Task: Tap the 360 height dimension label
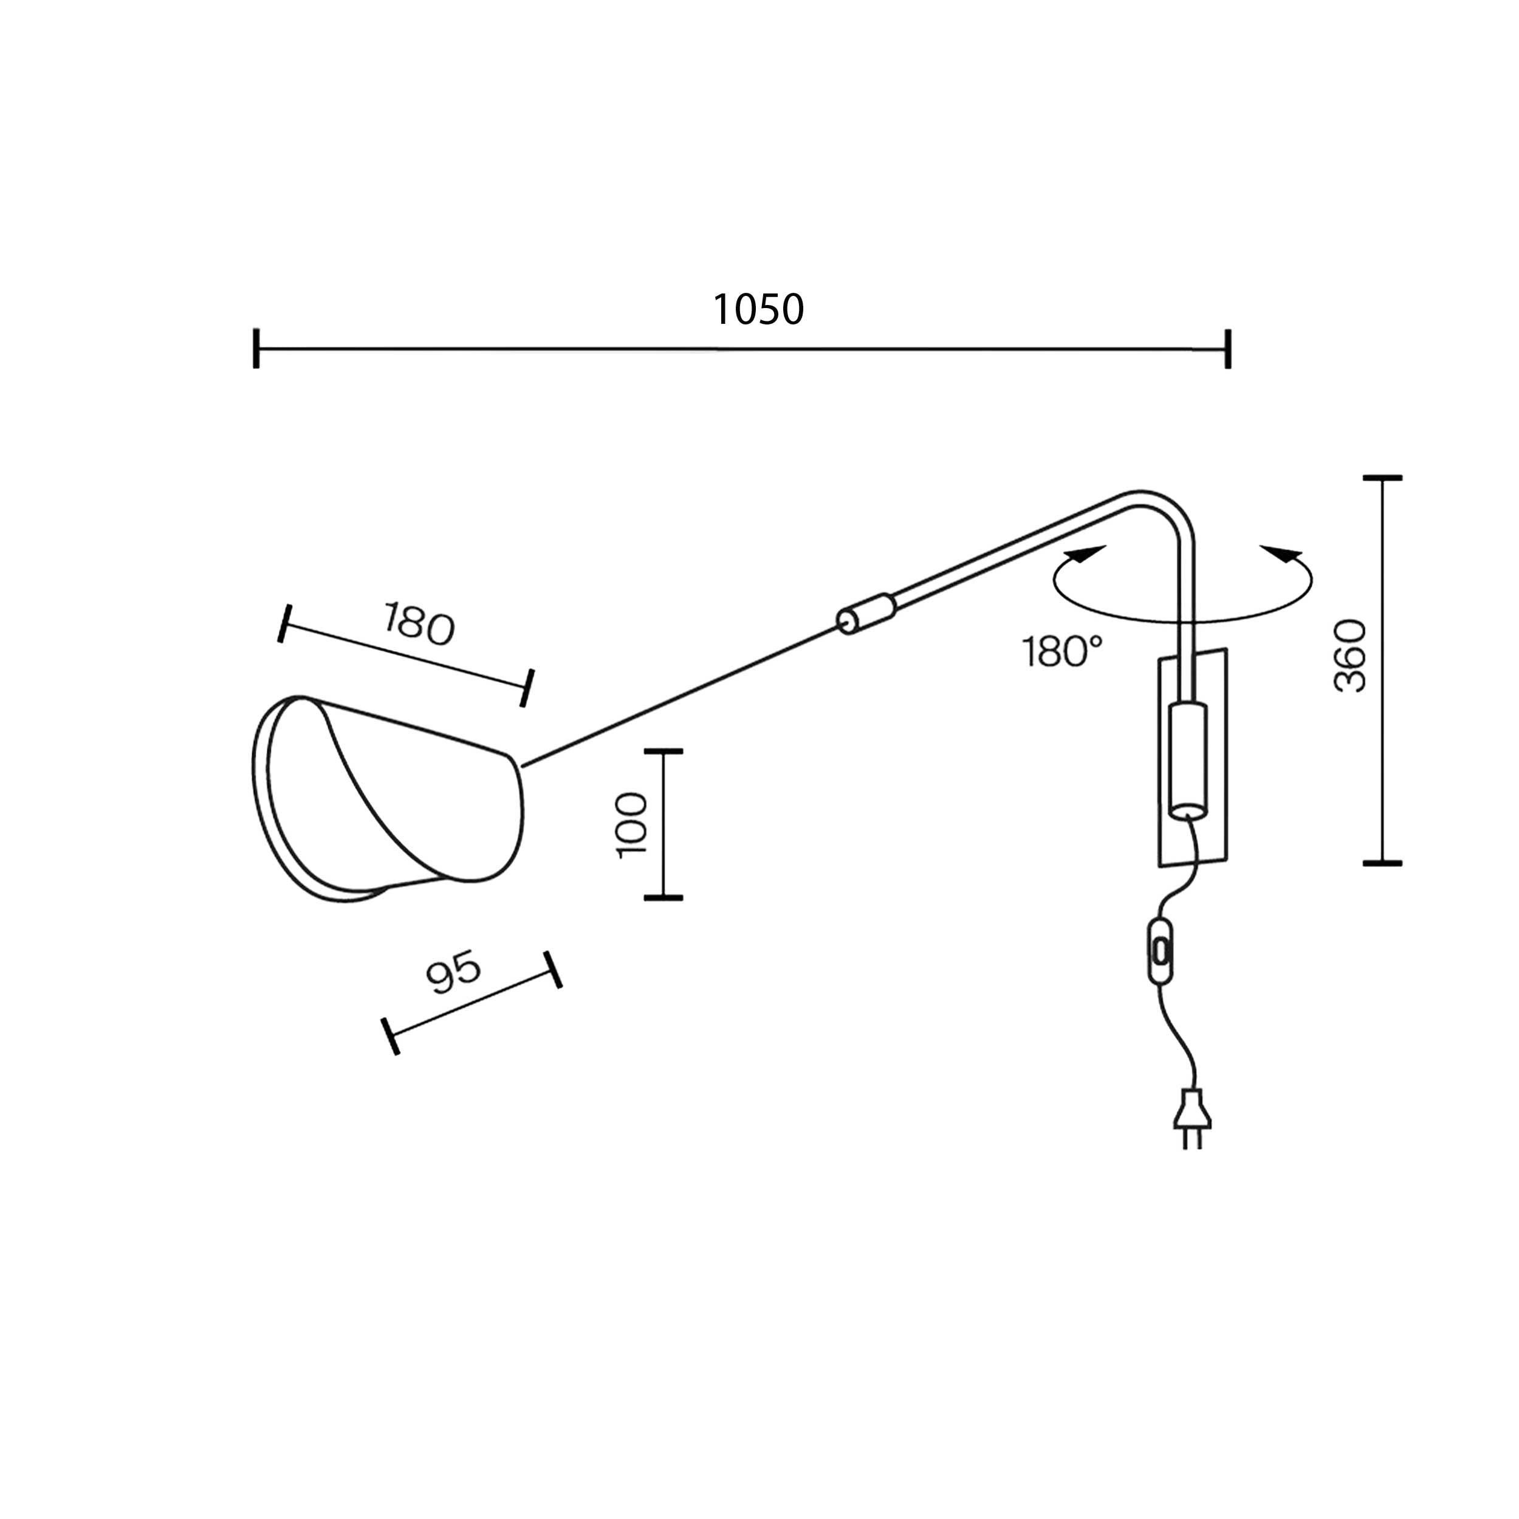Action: pos(1351,656)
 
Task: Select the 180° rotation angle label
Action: pos(1062,652)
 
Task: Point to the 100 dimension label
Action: pos(632,825)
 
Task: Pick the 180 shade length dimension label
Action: pos(419,623)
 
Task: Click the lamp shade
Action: pos(387,799)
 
